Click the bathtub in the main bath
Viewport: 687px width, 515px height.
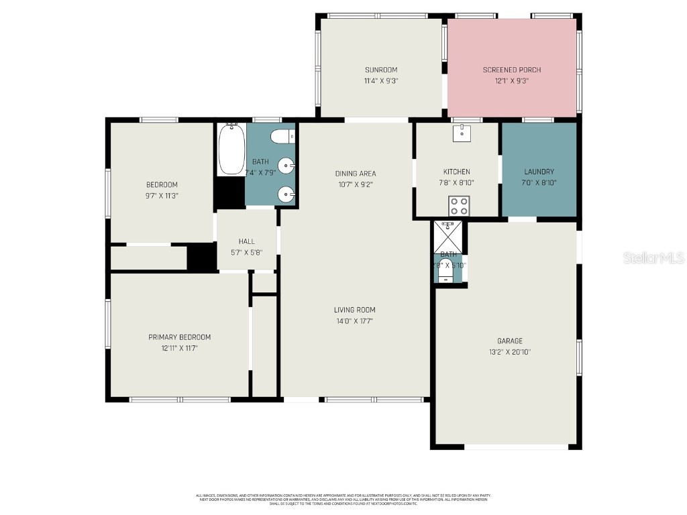pos(231,148)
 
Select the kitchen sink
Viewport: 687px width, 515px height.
pos(462,133)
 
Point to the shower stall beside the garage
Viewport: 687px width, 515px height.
pos(447,235)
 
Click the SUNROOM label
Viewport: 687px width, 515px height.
pos(381,70)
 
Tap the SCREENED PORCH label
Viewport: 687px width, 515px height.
pos(511,70)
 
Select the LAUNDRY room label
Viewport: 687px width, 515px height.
pos(539,172)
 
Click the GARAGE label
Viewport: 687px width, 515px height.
pos(510,341)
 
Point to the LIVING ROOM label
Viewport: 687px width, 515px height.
pos(355,310)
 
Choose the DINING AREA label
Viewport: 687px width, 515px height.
pos(356,174)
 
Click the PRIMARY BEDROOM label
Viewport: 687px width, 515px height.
pos(179,337)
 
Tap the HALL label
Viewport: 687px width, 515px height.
pos(246,241)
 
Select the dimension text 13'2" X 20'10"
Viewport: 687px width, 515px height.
pos(510,352)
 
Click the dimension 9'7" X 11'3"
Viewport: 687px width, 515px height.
pos(162,196)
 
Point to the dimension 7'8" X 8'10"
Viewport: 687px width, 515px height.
pos(456,182)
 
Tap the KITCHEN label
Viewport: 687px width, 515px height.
pos(456,172)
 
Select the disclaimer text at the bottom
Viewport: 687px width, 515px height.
pos(343,499)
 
